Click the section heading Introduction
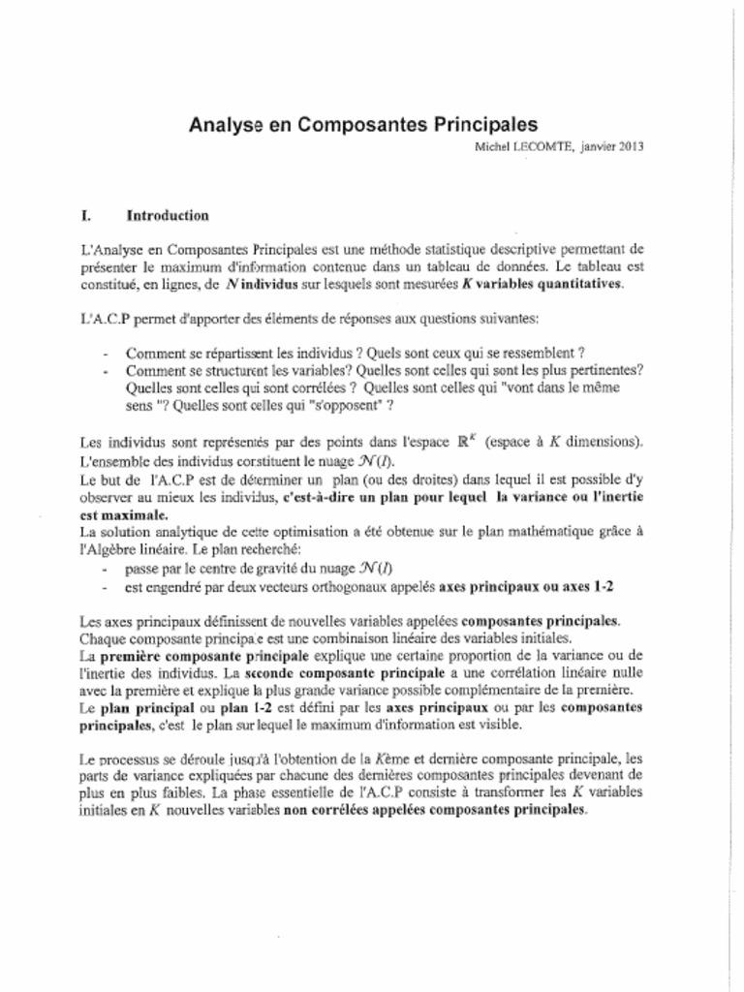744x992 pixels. point(167,215)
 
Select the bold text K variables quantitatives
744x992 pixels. point(548,284)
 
